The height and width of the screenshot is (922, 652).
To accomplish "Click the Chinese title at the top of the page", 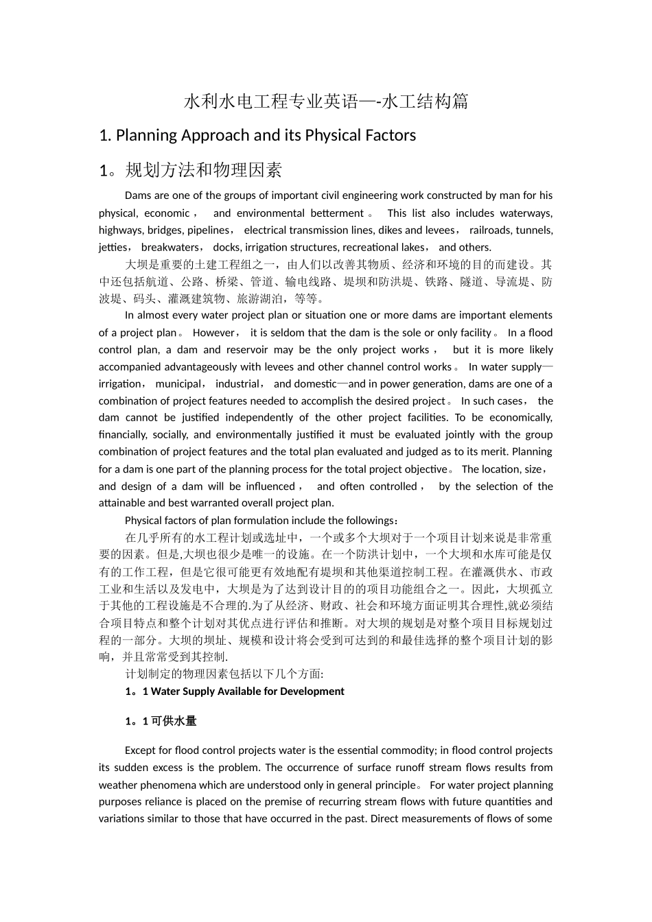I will (x=326, y=102).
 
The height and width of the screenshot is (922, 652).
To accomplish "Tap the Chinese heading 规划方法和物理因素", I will (x=204, y=170).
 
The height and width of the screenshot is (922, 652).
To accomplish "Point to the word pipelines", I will (x=209, y=230).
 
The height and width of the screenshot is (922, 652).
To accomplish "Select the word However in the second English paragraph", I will (x=213, y=333).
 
